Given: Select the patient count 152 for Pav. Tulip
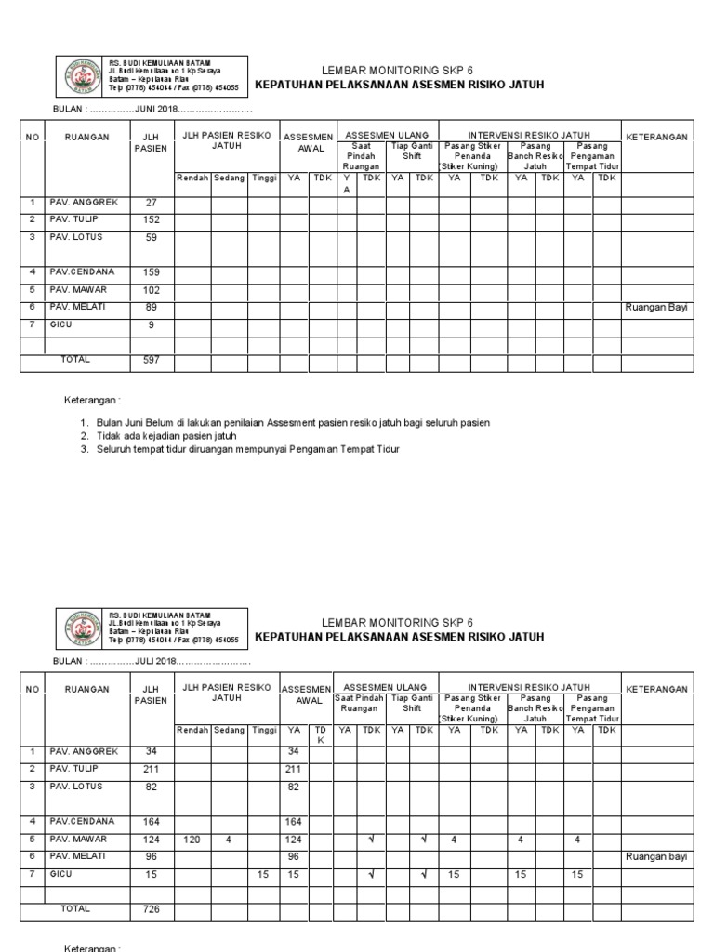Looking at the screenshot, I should tap(152, 220).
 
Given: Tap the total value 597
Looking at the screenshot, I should tap(152, 360).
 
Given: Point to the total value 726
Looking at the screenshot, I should tap(152, 908).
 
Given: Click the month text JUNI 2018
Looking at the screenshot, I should tap(159, 110).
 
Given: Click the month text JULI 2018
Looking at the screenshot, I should tap(159, 661).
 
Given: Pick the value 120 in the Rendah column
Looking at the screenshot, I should tap(192, 840).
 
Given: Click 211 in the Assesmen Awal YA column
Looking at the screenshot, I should tap(294, 770).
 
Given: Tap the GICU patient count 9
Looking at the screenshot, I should tap(152, 325).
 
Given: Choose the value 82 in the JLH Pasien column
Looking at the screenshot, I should tap(152, 787).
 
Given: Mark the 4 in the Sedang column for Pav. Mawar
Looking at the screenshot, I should tap(229, 840).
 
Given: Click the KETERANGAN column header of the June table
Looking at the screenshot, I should tap(656, 137).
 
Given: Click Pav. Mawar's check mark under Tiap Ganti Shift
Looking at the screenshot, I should tap(424, 840).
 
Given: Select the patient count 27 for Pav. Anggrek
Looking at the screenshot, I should tap(152, 203).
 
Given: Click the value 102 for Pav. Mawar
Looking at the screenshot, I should tap(152, 290).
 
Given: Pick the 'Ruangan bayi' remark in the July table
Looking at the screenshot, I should tap(656, 857).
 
